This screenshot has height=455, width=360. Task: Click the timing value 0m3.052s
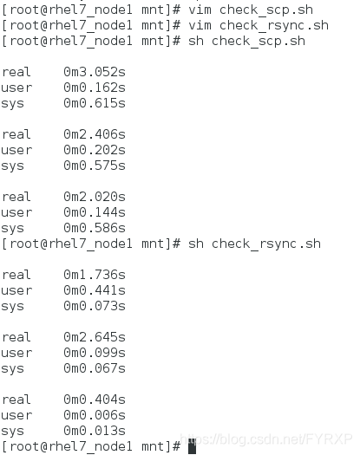(95, 72)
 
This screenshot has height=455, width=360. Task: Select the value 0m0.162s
(95, 88)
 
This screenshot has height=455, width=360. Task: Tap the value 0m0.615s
(95, 103)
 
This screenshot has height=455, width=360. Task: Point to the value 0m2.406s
(95, 134)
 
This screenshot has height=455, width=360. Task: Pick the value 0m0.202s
(95, 150)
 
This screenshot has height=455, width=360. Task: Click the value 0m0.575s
(95, 166)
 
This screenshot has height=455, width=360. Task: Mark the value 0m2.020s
(95, 197)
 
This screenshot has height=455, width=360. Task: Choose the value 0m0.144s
(95, 212)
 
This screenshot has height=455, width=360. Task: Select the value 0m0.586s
(95, 228)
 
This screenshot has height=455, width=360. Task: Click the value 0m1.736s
(95, 275)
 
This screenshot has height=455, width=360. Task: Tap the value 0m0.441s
(95, 290)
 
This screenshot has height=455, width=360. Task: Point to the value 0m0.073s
(95, 306)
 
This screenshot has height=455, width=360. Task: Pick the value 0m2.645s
(95, 337)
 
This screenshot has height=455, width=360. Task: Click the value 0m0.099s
(95, 353)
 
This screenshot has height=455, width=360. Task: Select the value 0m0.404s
(95, 400)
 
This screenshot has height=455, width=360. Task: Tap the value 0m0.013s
(95, 431)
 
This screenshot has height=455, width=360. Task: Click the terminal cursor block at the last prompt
(192, 446)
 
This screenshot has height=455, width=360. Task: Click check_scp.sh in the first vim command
(266, 10)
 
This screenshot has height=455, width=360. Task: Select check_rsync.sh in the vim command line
(274, 26)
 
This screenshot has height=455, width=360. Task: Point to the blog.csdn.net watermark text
(266, 439)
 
